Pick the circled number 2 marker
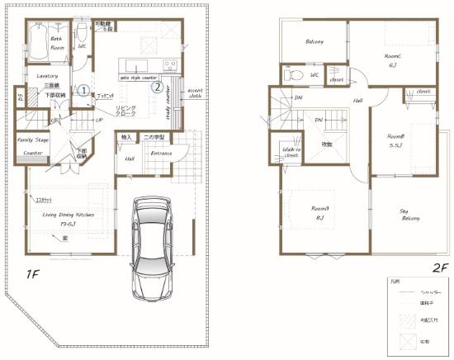[x=154, y=84]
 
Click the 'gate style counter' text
[x=139, y=77]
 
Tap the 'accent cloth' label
[x=194, y=92]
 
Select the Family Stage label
[x=32, y=141]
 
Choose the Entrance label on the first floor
[x=161, y=154]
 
